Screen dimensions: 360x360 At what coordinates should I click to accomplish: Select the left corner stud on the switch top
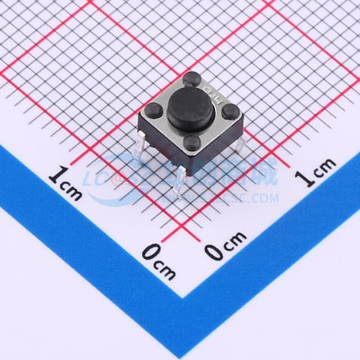(153, 110)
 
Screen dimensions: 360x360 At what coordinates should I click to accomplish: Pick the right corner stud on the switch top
(229, 111)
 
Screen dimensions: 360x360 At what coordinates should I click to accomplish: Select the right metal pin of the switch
(240, 145)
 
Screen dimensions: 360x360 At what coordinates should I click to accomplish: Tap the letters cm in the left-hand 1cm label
(72, 191)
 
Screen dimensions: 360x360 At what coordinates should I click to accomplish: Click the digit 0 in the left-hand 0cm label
(149, 253)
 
